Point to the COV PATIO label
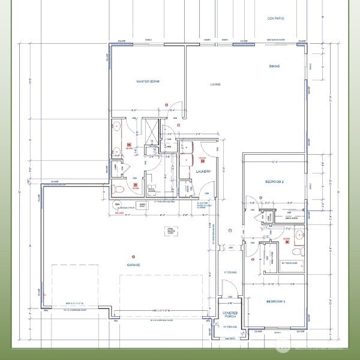[x=275, y=19]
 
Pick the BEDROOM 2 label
[x=274, y=181]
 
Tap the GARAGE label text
[x=133, y=265]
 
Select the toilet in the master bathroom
[x=118, y=190]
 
